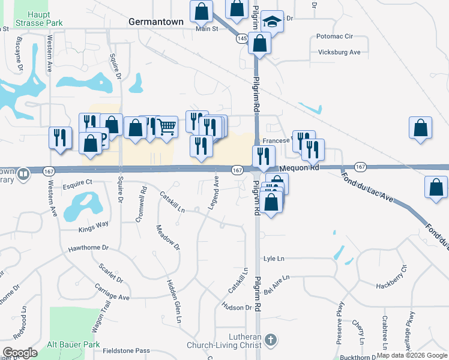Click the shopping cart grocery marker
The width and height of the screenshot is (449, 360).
point(167,127)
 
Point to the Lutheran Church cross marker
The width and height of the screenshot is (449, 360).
point(271,340)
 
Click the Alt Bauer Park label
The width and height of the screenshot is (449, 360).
point(74,345)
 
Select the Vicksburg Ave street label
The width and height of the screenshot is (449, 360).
point(339,52)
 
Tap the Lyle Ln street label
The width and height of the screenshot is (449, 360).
point(274,259)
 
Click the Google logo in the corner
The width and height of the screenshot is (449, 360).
point(20,353)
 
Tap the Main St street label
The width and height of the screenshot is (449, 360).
point(206,28)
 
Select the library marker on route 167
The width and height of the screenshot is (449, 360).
point(23,174)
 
